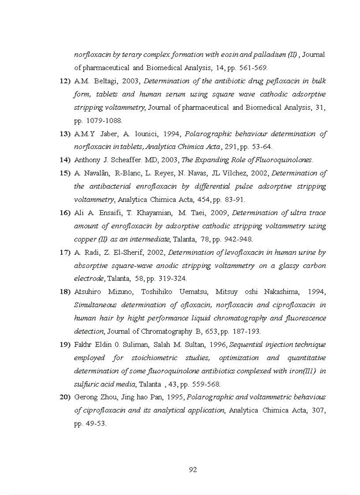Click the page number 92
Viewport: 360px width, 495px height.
point(193,469)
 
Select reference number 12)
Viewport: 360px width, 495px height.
point(65,81)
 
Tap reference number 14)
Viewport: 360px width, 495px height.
point(65,160)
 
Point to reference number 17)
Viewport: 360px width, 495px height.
point(65,253)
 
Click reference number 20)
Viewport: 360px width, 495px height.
point(65,397)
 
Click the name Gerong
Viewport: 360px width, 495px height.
point(86,397)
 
